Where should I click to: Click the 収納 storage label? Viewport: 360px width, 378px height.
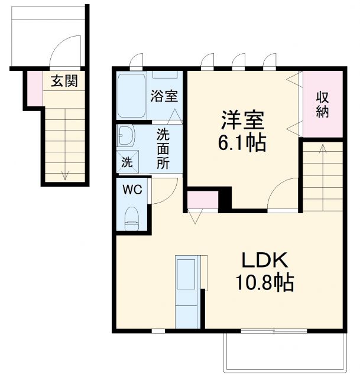click(322, 104)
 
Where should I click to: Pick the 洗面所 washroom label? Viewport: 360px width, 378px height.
click(163, 149)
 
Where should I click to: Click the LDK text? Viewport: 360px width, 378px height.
click(264, 260)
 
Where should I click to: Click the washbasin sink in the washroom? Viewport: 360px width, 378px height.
click(126, 136)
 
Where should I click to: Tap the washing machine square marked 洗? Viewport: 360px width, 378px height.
click(127, 162)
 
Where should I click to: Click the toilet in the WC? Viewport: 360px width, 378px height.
click(132, 218)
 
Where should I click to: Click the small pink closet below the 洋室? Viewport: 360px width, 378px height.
click(203, 200)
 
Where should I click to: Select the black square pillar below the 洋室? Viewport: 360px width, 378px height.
click(225, 199)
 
